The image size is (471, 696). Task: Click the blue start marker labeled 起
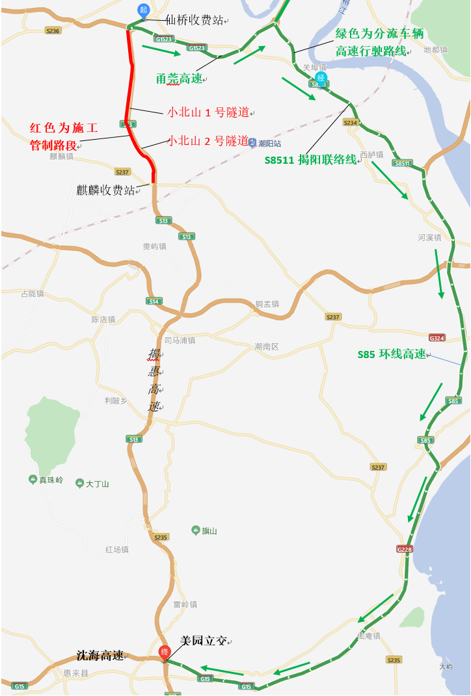(x=144, y=10)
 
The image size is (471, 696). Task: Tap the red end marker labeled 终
(x=165, y=651)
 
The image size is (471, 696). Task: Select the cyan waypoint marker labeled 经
(x=321, y=77)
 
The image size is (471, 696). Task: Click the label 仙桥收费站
(x=193, y=21)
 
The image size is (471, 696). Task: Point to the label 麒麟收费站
(x=106, y=190)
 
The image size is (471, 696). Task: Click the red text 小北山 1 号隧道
(x=209, y=112)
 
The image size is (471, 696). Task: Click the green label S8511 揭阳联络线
(x=311, y=160)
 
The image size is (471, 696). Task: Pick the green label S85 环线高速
(x=392, y=354)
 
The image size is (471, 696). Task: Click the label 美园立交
(x=204, y=641)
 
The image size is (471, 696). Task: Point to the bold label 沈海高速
(x=100, y=656)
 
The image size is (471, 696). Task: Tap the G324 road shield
(x=437, y=338)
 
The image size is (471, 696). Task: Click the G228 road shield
(x=405, y=549)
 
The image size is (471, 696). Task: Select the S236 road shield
(x=53, y=31)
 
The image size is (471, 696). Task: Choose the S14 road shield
(x=154, y=301)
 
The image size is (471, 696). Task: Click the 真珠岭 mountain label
(x=51, y=480)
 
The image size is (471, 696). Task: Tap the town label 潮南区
(x=267, y=347)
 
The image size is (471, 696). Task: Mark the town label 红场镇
(x=117, y=550)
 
